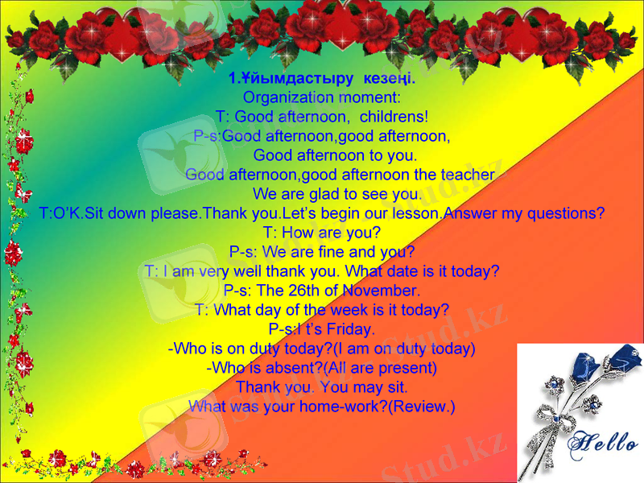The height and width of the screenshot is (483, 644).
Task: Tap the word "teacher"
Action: click(466, 175)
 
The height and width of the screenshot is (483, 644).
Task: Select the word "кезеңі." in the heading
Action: click(389, 79)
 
